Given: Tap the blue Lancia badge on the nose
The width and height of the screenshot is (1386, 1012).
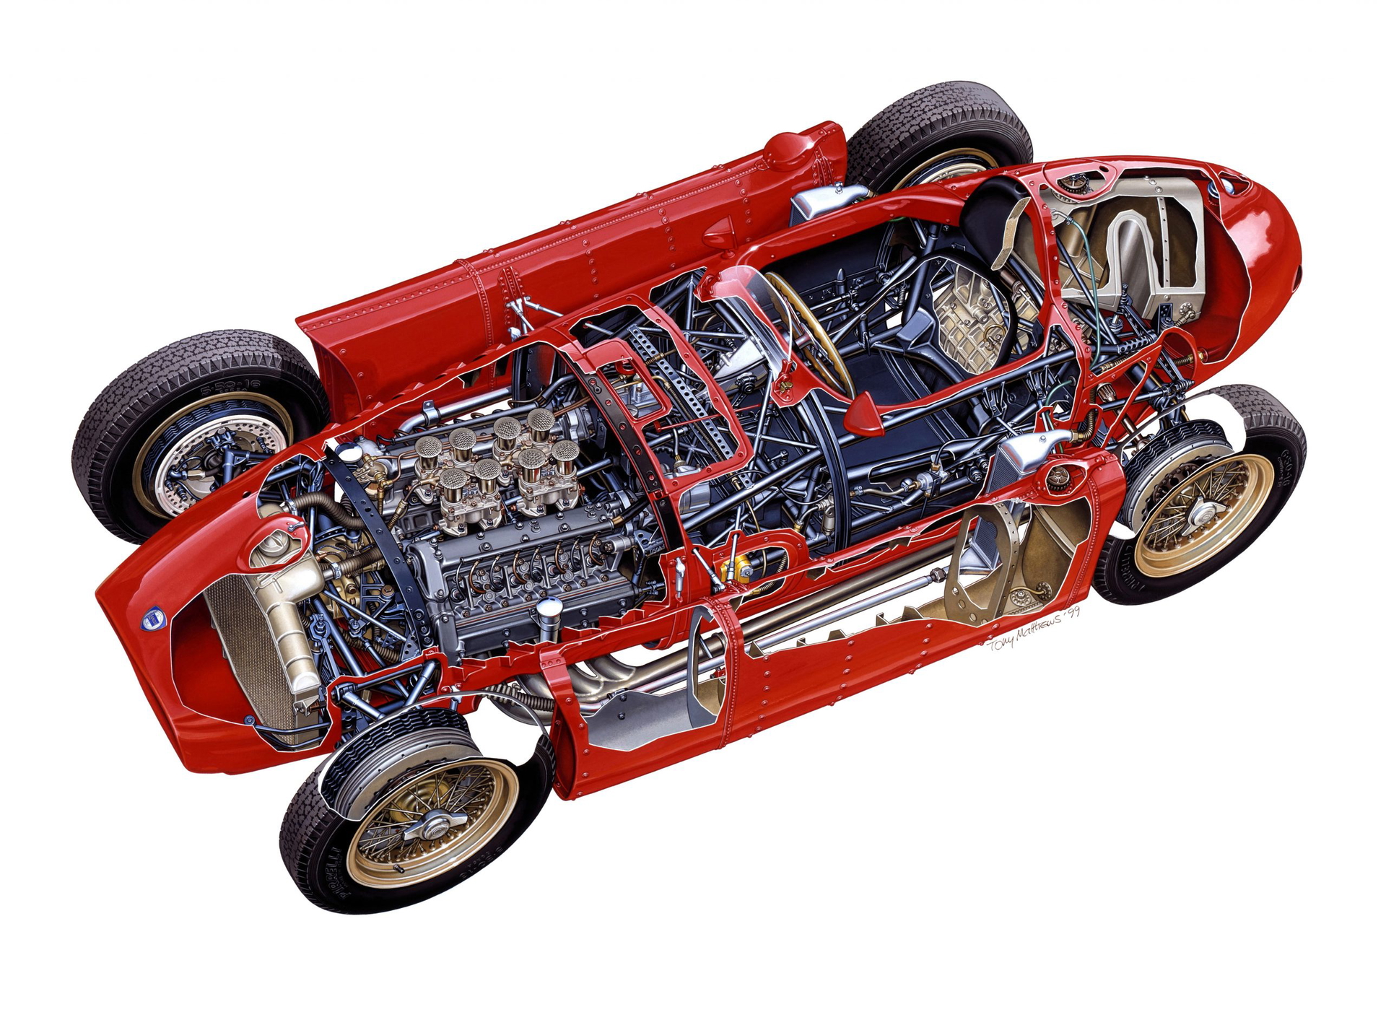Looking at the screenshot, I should click(152, 619).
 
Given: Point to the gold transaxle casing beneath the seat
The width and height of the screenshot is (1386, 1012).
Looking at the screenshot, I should click(967, 318).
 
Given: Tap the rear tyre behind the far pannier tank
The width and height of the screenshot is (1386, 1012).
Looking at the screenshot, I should click(938, 130).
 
